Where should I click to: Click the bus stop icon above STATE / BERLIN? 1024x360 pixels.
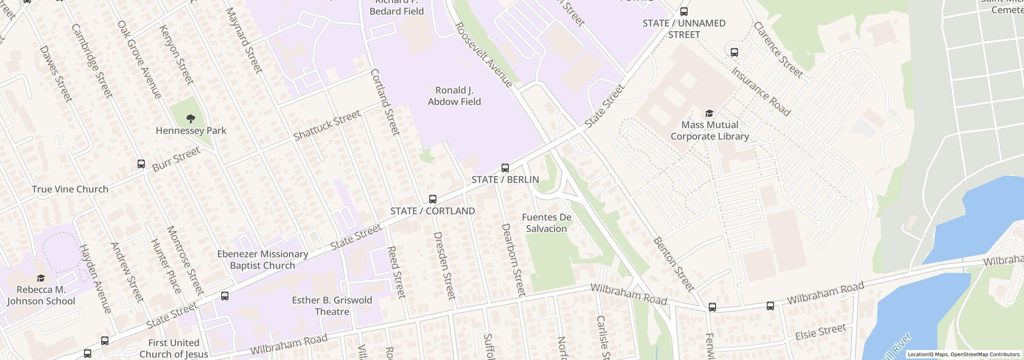click(x=505, y=168)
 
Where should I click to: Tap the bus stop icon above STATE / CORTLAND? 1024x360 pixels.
click(x=432, y=199)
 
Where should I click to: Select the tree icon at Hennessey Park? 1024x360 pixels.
click(x=191, y=118)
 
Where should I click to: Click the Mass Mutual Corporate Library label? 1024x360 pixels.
click(x=710, y=130)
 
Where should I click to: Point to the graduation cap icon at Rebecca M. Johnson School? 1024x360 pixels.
click(x=40, y=278)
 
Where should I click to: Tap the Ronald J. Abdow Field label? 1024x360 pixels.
click(x=454, y=96)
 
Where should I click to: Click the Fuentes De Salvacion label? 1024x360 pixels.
click(x=546, y=223)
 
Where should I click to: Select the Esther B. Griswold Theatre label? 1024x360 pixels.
click(x=332, y=306)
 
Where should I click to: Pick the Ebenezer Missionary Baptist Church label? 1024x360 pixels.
click(x=262, y=260)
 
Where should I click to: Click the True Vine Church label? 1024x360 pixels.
click(x=70, y=189)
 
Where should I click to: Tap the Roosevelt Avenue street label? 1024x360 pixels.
click(x=484, y=55)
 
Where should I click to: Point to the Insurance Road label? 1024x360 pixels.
click(x=761, y=92)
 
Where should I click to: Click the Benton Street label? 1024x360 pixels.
click(x=674, y=264)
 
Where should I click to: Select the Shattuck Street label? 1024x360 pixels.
click(x=327, y=126)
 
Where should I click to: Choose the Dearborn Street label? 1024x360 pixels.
click(x=513, y=260)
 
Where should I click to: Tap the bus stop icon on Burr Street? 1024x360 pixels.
click(x=141, y=164)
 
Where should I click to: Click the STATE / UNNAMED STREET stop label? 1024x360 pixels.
click(x=684, y=29)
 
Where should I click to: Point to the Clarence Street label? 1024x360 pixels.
click(x=778, y=50)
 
